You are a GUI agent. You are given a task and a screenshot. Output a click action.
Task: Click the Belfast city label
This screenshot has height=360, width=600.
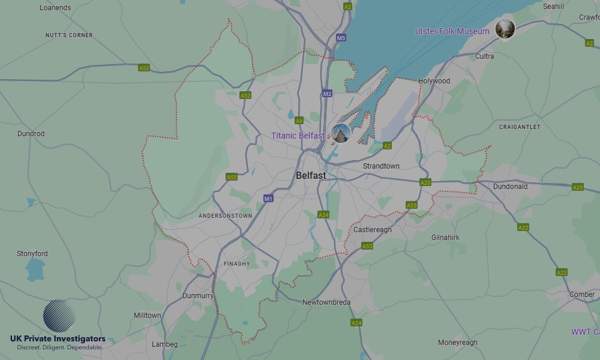click(311, 175)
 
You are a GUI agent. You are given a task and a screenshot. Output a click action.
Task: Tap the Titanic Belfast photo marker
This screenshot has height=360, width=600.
click(341, 134)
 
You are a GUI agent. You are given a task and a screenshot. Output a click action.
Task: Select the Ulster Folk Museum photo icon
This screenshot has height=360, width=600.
click(505, 29)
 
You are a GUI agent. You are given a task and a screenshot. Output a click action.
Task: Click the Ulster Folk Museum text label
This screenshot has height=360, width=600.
click(452, 31)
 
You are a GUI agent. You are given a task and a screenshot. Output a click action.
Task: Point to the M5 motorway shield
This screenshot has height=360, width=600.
click(341, 38)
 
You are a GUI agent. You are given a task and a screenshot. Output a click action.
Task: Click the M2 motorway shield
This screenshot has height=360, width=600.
click(327, 94)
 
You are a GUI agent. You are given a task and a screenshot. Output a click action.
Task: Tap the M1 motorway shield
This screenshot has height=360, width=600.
click(268, 198)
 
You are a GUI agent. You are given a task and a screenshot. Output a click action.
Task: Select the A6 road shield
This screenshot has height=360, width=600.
click(299, 121)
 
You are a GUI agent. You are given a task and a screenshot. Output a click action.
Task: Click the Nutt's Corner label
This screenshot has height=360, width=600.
click(69, 35)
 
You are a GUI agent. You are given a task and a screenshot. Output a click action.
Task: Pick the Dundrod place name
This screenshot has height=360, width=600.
click(31, 134)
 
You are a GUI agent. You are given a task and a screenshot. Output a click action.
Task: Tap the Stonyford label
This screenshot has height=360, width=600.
click(32, 254)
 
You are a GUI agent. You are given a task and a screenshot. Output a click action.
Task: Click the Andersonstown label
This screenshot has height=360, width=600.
click(225, 215)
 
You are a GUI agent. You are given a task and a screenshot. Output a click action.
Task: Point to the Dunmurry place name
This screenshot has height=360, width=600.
click(198, 296)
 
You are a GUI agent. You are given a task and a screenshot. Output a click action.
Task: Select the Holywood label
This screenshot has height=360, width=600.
click(434, 81)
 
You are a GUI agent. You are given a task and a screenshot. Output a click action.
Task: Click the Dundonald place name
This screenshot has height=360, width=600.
click(510, 187)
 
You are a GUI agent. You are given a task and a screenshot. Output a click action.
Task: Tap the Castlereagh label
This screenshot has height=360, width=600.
click(372, 230)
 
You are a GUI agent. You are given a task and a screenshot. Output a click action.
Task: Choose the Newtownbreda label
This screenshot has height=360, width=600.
click(326, 302)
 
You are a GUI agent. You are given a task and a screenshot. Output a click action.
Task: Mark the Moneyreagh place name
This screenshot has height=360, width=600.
click(458, 343)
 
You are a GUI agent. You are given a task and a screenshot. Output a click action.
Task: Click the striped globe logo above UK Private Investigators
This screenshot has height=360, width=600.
click(59, 316)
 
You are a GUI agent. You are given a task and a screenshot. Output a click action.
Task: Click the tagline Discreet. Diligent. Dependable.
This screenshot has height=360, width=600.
click(59, 347)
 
